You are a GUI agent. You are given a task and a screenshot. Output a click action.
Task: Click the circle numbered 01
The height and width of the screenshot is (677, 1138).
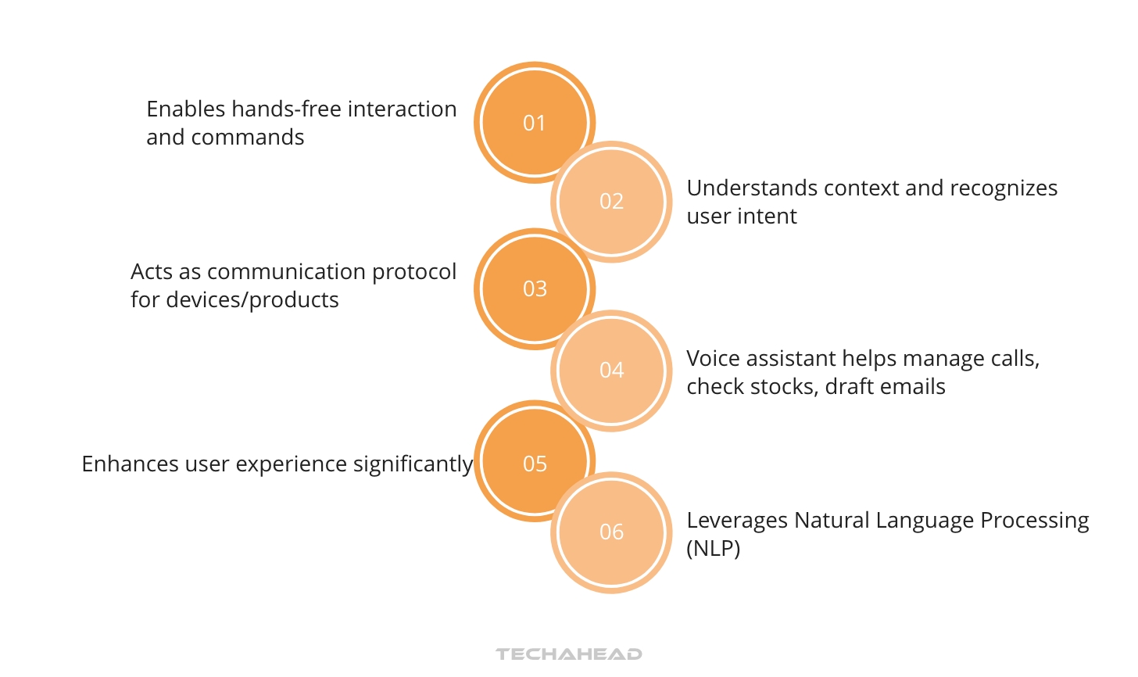[535, 123]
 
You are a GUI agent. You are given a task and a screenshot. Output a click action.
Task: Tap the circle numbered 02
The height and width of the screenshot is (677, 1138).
[611, 202]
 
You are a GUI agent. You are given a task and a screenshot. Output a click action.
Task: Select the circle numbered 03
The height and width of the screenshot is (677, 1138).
[535, 288]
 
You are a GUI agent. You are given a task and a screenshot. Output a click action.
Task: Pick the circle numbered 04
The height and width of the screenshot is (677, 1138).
[611, 371]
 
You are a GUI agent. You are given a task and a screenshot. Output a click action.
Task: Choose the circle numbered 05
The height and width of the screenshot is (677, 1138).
[535, 464]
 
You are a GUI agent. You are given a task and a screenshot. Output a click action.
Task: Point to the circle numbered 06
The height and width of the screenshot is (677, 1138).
[611, 532]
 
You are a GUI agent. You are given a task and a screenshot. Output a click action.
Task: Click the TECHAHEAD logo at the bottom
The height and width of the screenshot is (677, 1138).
[568, 654]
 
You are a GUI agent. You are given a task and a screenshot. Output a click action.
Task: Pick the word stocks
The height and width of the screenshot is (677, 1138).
[782, 387]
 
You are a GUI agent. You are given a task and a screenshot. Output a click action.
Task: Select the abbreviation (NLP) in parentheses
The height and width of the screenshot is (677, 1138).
[713, 549]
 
